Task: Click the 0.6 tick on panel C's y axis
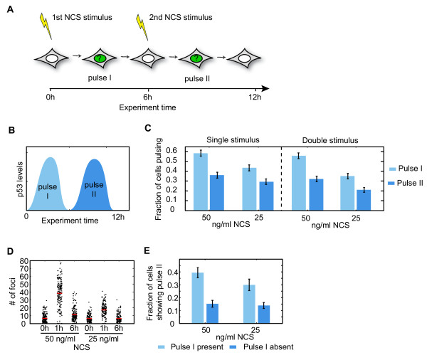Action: (187, 152)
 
